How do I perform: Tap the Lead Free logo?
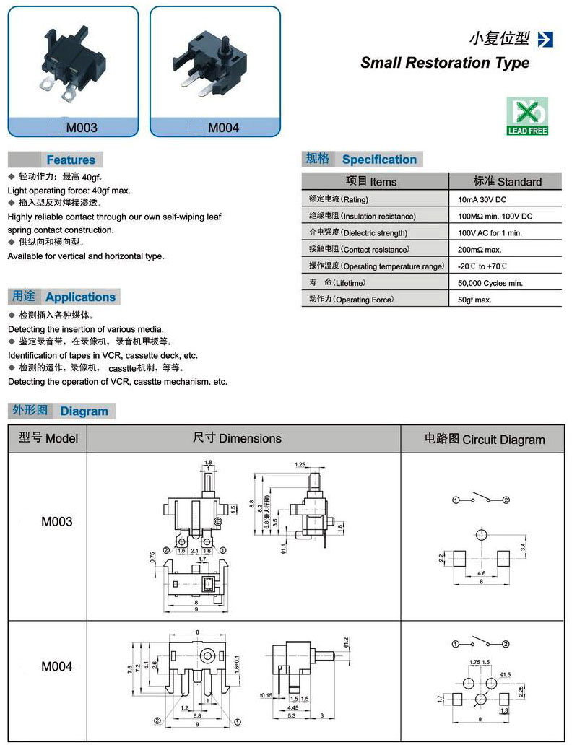(527, 116)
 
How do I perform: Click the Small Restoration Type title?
(445, 63)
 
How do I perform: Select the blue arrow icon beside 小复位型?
(545, 39)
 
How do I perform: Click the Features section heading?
(71, 160)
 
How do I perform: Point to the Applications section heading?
(80, 297)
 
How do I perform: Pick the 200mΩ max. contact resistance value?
(480, 250)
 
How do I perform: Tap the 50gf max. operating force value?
(474, 300)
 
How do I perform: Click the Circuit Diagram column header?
(484, 439)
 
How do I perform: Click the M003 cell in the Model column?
(56, 521)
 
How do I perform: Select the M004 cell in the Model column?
(56, 666)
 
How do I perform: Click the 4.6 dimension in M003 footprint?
(482, 574)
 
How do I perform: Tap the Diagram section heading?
(84, 411)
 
